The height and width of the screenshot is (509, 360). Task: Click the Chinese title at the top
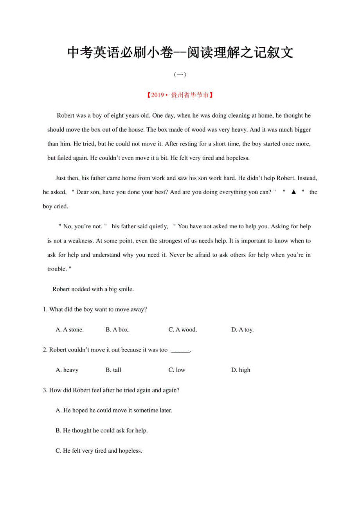tap(180, 52)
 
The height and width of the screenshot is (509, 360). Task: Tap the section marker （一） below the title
tap(180, 74)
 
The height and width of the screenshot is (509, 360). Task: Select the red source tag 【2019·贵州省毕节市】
tap(180, 95)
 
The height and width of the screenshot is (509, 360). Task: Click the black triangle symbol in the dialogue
tap(293, 192)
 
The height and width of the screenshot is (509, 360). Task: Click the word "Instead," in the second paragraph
tap(307, 178)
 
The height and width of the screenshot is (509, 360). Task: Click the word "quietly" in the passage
tap(157, 227)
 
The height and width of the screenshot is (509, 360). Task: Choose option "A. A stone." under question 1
tap(70, 330)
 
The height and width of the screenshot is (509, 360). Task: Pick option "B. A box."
tap(117, 330)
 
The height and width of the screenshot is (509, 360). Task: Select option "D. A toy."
tap(242, 330)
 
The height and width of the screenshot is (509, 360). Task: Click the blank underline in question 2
tap(180, 350)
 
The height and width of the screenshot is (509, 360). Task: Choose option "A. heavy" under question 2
tap(67, 370)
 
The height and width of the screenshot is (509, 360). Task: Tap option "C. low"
tap(177, 370)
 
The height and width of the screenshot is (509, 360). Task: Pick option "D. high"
tap(241, 370)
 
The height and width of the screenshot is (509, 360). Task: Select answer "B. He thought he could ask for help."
tap(102, 430)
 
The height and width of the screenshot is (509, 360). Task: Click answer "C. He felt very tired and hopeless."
tap(99, 451)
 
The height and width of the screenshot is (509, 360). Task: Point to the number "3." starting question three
tap(45, 390)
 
